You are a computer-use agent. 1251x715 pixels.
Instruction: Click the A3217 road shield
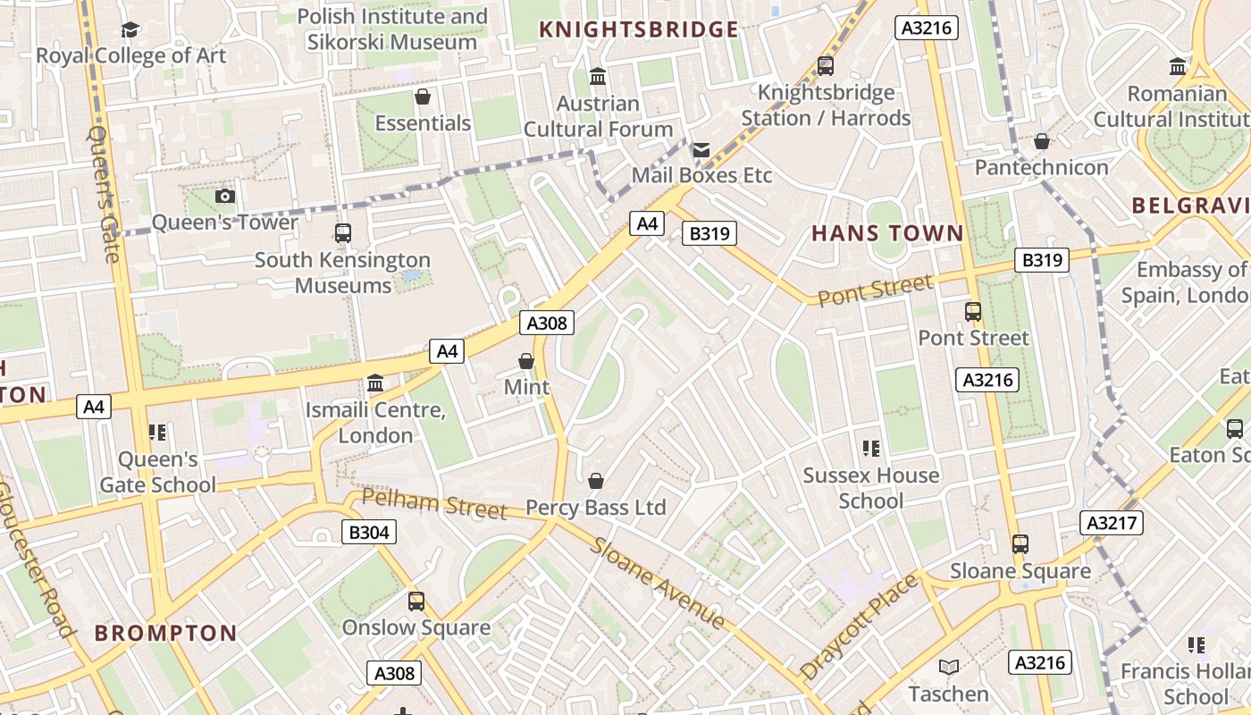1112,522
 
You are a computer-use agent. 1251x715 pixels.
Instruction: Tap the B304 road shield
368,533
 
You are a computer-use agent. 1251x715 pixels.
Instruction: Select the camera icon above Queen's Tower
225,196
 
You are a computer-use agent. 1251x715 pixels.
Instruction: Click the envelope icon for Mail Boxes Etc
701,149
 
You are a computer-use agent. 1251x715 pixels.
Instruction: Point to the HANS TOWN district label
887,233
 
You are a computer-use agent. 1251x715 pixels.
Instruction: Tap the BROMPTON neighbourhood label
166,634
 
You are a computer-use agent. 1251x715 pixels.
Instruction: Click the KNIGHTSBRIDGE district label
639,29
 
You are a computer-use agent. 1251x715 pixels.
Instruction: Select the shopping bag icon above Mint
526,361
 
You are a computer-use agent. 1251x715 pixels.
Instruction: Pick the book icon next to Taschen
948,667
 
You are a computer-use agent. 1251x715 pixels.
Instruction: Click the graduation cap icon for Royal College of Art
130,29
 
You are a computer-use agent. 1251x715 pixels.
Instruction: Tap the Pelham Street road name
435,503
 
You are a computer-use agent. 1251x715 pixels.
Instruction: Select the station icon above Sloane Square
1020,543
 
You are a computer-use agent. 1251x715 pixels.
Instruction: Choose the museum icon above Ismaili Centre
375,383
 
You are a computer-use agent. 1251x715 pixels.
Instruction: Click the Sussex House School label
870,488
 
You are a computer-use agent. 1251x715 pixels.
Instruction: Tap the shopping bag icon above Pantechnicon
1041,141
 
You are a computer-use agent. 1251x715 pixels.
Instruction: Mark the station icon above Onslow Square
416,601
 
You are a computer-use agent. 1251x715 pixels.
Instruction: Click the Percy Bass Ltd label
595,508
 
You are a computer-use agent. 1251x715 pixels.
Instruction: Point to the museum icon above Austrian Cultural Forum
598,77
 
